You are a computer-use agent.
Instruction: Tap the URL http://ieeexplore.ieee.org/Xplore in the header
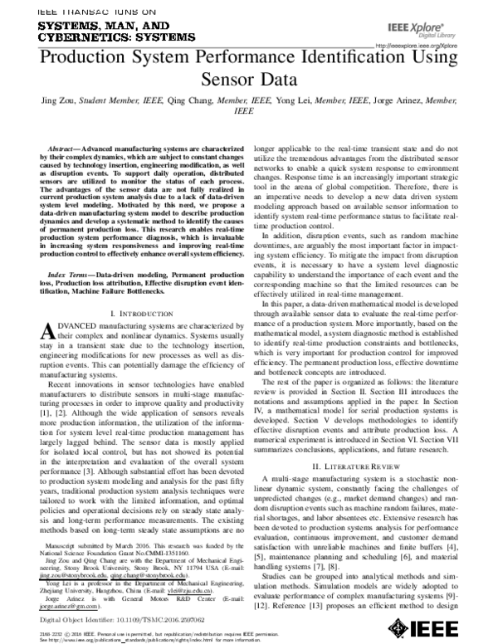coord(417,46)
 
